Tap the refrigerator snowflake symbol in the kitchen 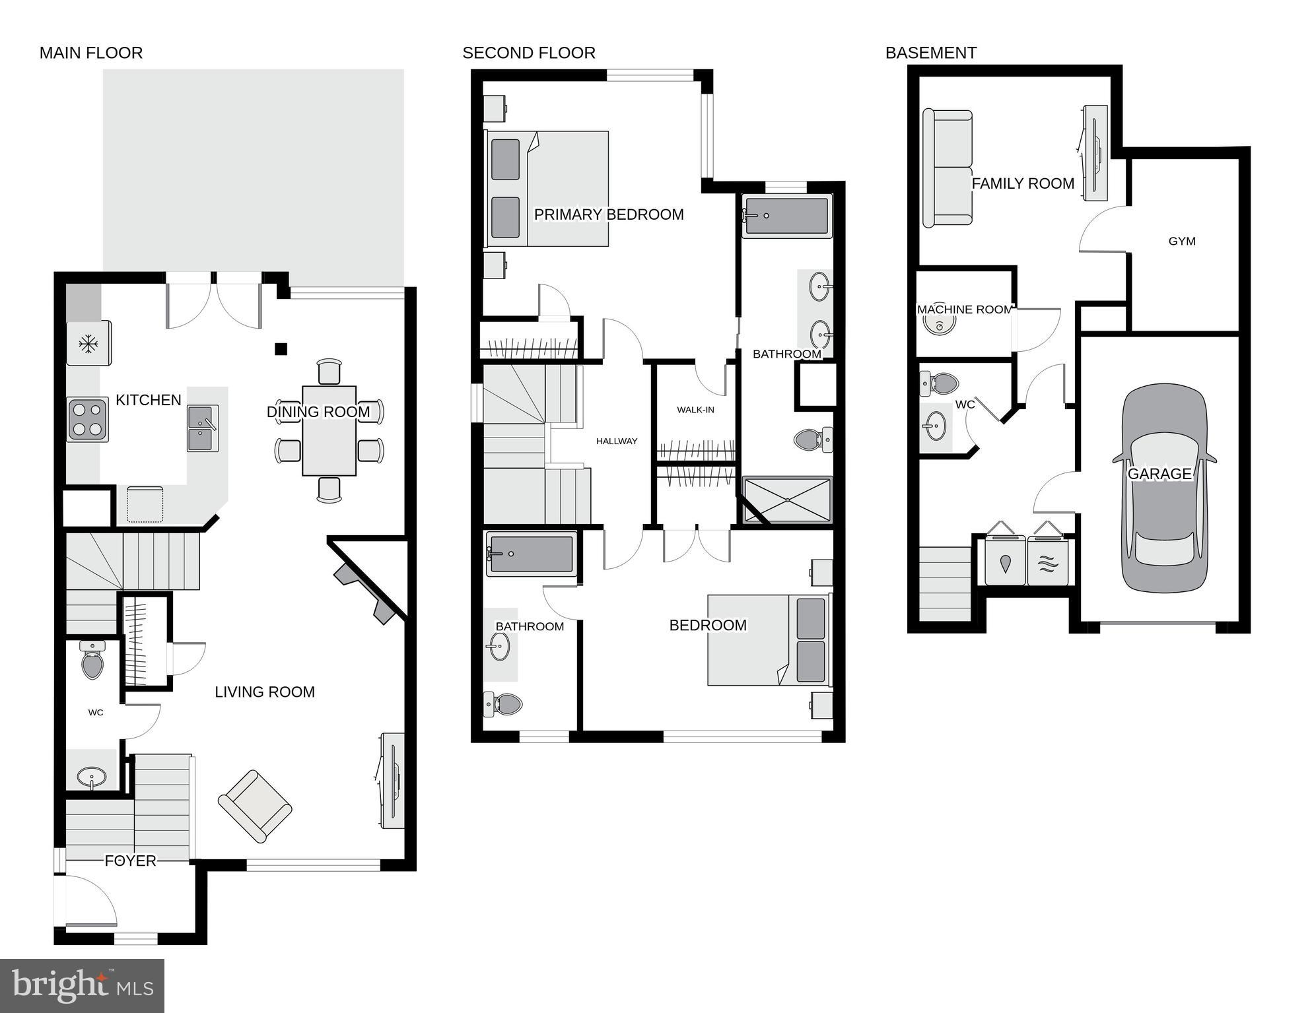87,343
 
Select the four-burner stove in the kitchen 88,420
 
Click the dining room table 329,430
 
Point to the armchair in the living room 255,806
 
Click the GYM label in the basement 1181,242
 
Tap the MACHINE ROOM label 964,310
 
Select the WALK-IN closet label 695,410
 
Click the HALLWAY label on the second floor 617,441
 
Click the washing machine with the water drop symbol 1005,562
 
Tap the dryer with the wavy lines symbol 1047,562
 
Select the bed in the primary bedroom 547,189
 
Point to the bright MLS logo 82,986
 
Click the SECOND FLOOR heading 529,53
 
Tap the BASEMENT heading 930,53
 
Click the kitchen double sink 203,428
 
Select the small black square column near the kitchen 281,349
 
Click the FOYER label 130,861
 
